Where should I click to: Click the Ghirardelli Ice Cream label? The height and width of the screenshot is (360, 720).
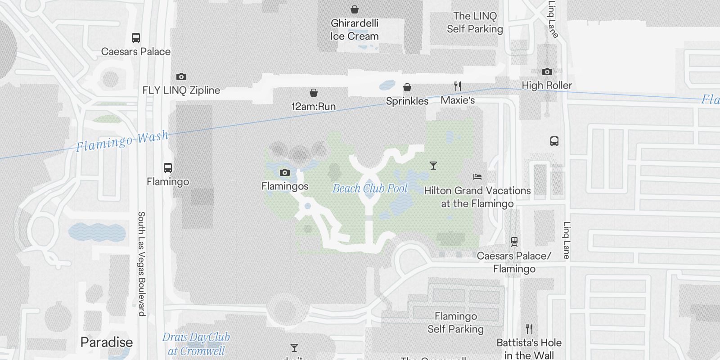(x=354, y=30)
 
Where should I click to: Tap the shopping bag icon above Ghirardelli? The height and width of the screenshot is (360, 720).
(x=355, y=9)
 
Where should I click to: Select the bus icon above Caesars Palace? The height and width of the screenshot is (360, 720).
(x=135, y=38)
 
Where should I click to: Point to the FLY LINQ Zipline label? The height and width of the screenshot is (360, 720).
(x=181, y=90)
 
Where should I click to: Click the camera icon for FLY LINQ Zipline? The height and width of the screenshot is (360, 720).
(x=181, y=77)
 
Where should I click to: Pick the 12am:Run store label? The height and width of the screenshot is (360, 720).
(x=313, y=107)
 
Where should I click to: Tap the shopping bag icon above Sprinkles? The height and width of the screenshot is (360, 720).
(x=407, y=87)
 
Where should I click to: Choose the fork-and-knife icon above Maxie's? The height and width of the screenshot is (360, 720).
(x=458, y=86)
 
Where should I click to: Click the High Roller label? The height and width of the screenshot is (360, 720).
(x=547, y=85)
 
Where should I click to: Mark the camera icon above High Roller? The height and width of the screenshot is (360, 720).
(x=547, y=72)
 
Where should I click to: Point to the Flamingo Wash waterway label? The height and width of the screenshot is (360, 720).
(x=122, y=141)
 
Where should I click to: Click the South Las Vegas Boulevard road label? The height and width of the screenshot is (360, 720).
(x=141, y=263)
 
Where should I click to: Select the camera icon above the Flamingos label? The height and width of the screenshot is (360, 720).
(x=284, y=173)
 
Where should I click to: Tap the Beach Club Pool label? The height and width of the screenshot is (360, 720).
(x=370, y=189)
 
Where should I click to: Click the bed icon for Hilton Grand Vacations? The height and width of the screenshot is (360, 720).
(x=477, y=177)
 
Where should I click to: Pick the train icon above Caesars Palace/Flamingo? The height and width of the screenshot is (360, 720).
(x=514, y=242)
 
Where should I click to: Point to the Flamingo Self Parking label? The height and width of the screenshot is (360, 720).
(x=455, y=323)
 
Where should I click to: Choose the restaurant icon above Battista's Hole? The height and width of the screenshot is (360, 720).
(x=529, y=329)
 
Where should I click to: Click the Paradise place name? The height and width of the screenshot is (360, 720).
(x=107, y=342)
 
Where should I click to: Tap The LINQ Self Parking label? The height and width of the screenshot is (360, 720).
(x=475, y=22)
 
